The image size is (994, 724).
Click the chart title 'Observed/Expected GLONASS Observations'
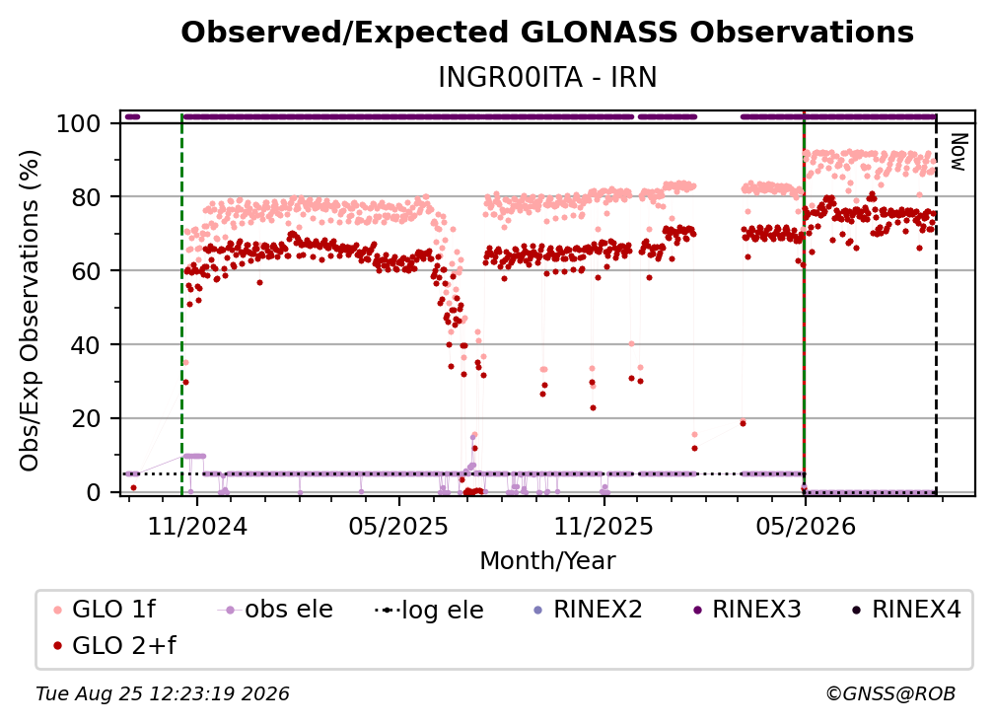547,33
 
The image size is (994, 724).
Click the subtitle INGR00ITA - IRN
547,77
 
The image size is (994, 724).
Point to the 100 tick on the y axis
79,123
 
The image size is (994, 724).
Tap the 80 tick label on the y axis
86,197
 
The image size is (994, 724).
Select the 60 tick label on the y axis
86,270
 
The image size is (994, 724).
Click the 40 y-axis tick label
86,345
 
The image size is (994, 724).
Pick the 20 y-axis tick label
86,418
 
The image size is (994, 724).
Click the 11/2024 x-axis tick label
197,526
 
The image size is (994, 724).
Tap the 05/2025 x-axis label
398,526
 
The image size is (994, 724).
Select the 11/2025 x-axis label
603,526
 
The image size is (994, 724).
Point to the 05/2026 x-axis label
805,526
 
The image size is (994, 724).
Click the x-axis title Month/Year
547,561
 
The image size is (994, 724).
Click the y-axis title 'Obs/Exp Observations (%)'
30,311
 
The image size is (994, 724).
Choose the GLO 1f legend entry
105,610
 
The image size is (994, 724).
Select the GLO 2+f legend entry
114,646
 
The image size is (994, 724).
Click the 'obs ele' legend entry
275,610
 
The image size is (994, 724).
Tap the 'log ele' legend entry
429,610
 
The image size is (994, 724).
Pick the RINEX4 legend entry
906,610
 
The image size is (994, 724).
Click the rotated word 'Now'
958,152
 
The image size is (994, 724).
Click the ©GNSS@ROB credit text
890,693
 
